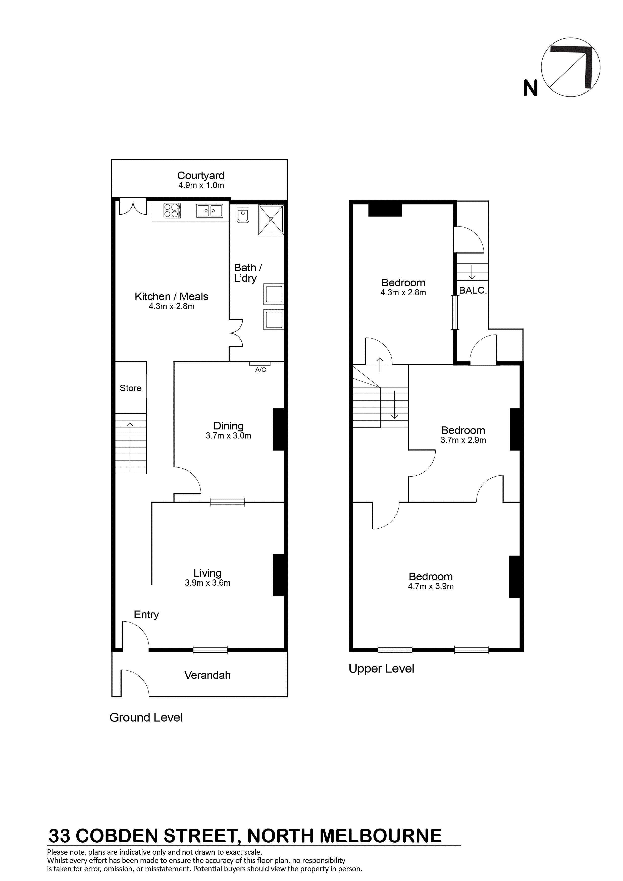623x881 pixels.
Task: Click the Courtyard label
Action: [x=200, y=176]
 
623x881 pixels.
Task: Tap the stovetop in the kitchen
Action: [x=172, y=210]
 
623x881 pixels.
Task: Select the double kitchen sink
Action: [x=210, y=210]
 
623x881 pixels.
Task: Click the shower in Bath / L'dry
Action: [x=271, y=219]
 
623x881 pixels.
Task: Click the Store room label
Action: [x=131, y=388]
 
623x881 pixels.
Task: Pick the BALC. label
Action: [x=473, y=291]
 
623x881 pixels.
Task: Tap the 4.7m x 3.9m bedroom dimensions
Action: [x=431, y=586]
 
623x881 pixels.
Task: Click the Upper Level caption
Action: [x=381, y=669]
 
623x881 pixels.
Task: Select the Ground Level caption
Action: [x=146, y=717]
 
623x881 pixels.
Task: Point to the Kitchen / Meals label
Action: [x=171, y=296]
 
